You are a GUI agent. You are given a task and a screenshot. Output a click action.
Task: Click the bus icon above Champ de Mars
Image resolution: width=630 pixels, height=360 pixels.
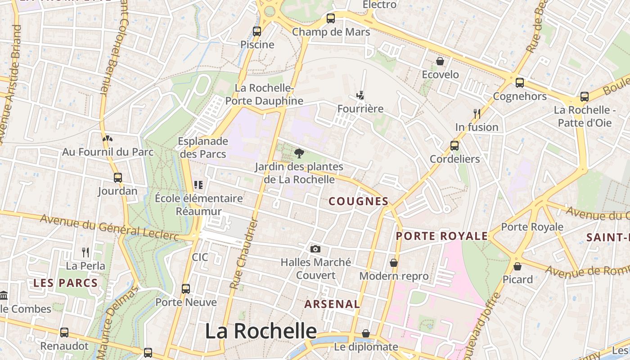pyautogui.click(x=331, y=18)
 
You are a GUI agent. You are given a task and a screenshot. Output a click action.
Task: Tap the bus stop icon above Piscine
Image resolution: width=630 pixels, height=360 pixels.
pyautogui.click(x=257, y=31)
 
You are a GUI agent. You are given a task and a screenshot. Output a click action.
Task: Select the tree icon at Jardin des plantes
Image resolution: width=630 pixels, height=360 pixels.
pyautogui.click(x=299, y=153)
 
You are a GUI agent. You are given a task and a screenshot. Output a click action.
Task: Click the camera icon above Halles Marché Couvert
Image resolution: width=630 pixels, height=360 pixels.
pyautogui.click(x=315, y=249)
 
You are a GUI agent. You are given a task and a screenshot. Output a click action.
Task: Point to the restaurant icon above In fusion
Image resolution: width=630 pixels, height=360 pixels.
pyautogui.click(x=477, y=113)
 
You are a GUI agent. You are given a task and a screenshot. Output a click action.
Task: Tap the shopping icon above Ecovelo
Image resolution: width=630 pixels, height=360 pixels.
pyautogui.click(x=440, y=61)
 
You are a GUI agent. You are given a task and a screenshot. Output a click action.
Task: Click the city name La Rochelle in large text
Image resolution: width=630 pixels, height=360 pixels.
pyautogui.click(x=261, y=331)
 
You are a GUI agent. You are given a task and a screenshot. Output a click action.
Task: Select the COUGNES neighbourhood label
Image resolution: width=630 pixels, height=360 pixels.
pyautogui.click(x=359, y=201)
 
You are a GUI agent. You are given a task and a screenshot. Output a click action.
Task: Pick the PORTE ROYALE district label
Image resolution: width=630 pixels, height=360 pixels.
pyautogui.click(x=441, y=236)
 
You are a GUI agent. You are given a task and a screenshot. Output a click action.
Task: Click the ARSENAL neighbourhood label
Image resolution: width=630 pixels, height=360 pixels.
pyautogui.click(x=332, y=304)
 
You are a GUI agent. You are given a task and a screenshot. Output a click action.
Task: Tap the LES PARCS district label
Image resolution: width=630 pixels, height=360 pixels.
pyautogui.click(x=66, y=283)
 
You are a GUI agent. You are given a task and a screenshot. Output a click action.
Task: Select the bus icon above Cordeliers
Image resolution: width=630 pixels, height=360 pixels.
pyautogui.click(x=454, y=146)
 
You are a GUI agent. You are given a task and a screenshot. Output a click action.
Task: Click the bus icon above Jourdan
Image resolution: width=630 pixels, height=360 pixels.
pyautogui.click(x=118, y=178)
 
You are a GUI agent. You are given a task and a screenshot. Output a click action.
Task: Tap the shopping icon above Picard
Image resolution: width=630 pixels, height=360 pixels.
pyautogui.click(x=517, y=266)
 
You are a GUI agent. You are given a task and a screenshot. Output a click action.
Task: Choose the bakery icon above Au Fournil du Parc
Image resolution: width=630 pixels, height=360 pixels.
pyautogui.click(x=107, y=139)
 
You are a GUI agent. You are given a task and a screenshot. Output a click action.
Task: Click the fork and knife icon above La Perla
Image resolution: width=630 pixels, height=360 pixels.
pyautogui.click(x=85, y=252)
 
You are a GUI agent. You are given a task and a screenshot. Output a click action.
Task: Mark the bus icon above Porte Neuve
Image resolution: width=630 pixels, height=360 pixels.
pyautogui.click(x=186, y=289)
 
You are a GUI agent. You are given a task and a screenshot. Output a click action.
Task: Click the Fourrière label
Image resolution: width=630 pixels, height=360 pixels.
pyautogui.click(x=360, y=109)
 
